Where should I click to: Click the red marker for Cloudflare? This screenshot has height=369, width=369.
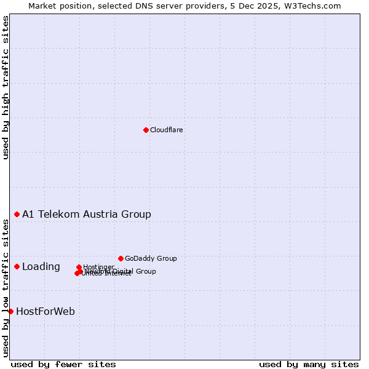point(146,130)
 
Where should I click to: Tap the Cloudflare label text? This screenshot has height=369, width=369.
point(167,130)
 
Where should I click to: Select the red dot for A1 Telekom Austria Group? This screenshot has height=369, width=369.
point(17,214)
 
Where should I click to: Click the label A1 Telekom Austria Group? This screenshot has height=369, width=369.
point(87,215)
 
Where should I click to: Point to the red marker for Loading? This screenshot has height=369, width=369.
point(17,266)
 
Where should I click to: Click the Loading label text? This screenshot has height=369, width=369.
point(41,267)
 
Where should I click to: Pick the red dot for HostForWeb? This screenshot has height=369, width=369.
point(11,311)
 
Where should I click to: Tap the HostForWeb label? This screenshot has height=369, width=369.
point(46,312)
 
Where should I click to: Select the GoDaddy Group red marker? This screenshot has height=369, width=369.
point(121,258)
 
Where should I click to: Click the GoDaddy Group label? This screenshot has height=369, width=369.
point(151,258)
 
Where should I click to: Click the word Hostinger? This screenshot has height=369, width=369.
point(98,267)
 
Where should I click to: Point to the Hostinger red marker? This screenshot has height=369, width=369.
point(79,268)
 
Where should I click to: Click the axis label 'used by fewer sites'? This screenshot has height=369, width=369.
point(63,364)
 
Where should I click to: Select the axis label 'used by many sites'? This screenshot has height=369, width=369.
point(309,364)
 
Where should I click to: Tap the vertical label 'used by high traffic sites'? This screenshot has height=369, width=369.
point(6,87)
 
